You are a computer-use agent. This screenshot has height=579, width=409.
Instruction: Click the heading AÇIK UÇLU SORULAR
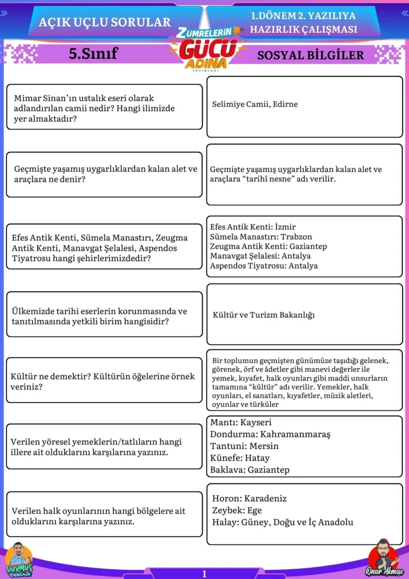click(105, 22)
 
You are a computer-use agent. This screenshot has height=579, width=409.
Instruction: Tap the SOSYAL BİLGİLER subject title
click(310, 55)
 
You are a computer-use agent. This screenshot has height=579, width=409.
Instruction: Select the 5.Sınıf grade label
click(93, 54)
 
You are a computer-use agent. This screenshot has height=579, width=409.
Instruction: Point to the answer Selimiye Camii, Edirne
click(255, 104)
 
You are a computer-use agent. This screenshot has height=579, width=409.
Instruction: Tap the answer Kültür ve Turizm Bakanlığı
click(264, 314)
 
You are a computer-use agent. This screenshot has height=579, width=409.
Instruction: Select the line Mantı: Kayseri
click(241, 422)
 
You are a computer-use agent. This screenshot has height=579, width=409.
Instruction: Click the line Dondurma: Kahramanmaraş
click(270, 434)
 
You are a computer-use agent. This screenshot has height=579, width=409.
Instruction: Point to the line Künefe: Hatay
click(240, 458)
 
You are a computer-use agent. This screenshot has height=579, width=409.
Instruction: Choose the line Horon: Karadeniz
click(249, 498)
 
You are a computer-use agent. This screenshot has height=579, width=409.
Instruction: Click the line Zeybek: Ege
click(237, 510)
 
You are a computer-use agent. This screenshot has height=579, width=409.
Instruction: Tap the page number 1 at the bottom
click(204, 573)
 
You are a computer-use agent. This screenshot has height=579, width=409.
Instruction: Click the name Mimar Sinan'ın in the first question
click(45, 98)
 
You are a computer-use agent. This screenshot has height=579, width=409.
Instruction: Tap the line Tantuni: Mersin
click(244, 446)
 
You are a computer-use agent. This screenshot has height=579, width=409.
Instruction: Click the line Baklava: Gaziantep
click(250, 470)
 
